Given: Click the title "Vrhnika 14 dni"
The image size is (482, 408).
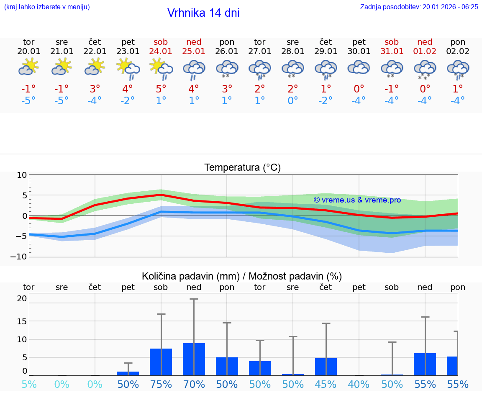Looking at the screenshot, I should [203, 13].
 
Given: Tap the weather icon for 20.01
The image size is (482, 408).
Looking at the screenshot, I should [28, 67].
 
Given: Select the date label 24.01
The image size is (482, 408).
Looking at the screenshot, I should [161, 51].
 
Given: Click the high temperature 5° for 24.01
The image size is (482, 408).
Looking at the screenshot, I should [161, 89].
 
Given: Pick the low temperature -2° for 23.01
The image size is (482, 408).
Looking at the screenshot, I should [128, 100].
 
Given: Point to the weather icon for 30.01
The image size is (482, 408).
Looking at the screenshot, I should [359, 67].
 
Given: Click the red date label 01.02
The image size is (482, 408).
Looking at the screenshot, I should [425, 51].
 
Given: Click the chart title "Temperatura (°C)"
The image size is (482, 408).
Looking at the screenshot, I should [242, 167].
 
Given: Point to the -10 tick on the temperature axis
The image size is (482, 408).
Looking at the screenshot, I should [22, 256].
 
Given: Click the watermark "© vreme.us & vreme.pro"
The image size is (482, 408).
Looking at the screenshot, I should [357, 200].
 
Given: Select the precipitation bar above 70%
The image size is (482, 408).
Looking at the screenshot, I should [194, 359].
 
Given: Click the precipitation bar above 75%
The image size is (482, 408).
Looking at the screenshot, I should [161, 362].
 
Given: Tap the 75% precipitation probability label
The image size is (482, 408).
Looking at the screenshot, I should [161, 384].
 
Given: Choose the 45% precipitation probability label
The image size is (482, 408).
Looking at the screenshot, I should [326, 384].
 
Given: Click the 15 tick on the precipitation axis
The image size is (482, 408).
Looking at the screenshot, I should [22, 321].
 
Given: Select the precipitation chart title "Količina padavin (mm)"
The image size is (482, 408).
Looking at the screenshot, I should [190, 276].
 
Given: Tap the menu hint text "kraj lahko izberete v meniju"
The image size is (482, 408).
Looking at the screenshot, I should [46, 7].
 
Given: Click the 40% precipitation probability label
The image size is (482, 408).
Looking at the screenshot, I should [359, 384].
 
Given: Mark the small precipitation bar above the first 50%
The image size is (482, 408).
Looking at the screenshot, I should [128, 373].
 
